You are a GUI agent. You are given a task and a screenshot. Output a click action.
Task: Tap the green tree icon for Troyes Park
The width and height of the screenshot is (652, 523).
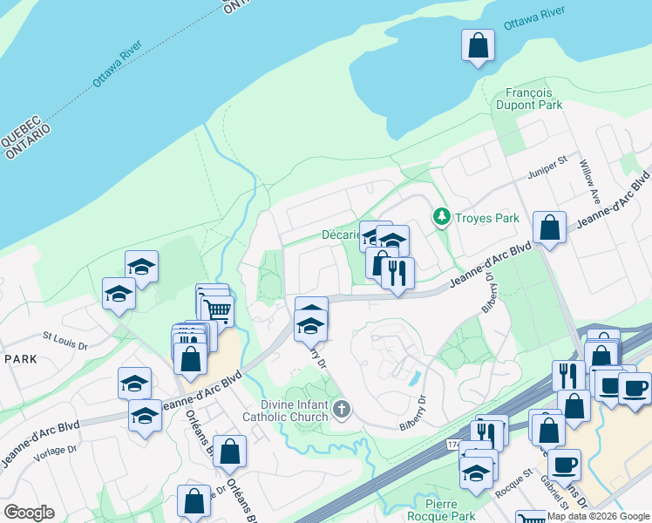(x=442, y=216)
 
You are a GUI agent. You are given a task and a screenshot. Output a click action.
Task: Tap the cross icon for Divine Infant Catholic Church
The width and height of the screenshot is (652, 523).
(x=342, y=408)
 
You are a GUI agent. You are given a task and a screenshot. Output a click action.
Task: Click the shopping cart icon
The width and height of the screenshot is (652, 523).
(x=217, y=309)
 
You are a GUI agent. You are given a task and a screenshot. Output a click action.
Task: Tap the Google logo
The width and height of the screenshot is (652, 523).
(x=29, y=513)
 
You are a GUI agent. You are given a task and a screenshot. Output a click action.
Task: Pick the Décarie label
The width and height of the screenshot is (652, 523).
(x=341, y=235)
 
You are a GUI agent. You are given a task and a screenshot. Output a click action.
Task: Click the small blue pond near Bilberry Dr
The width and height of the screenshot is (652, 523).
(x=412, y=378)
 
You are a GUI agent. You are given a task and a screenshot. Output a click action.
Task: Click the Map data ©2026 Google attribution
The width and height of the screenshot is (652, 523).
(x=599, y=516)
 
